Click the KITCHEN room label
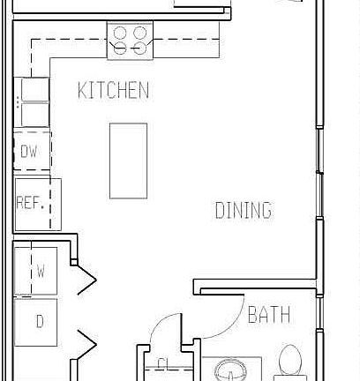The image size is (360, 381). point(113,90)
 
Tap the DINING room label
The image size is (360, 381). point(243,211)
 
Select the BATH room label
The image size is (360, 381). point(268,316)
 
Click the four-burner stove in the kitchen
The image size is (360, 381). point(130,41)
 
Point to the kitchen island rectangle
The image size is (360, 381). point(128,160)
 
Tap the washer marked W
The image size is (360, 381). point(38,272)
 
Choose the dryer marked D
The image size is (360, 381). point(38,321)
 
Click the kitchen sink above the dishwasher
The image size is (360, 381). point(34,92)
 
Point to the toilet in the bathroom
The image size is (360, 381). point(289,363)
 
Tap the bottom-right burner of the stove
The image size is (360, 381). point(139,49)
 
